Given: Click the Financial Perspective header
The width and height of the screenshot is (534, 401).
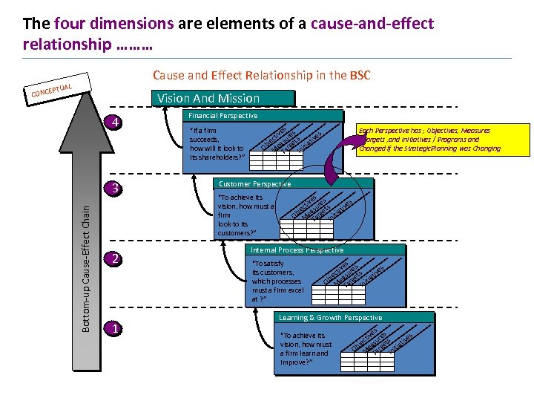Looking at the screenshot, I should point(223,116).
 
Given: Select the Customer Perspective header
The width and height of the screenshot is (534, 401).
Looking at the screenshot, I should point(254,183).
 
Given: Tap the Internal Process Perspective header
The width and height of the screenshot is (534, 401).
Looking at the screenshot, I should point(297,250).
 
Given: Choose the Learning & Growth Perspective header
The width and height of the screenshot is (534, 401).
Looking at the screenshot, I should point(330,318).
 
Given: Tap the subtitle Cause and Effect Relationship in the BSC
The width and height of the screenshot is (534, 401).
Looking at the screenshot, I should point(261,75).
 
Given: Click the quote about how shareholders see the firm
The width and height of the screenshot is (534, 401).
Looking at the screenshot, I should point(217,144).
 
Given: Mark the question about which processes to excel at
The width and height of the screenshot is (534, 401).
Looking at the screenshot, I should point(277,281).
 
